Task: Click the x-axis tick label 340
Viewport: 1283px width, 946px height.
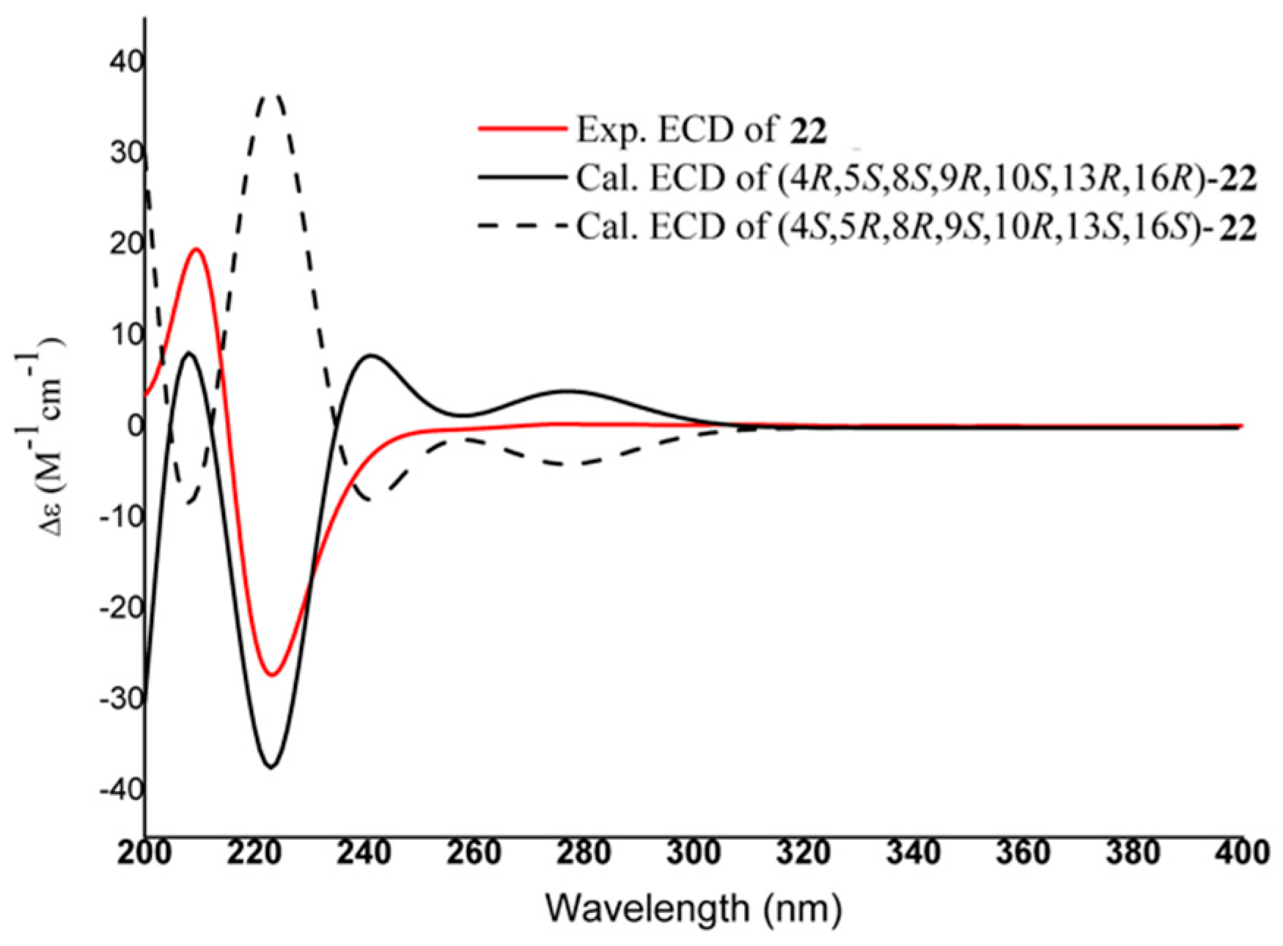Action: point(913,853)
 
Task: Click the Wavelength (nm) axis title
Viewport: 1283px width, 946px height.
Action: point(694,909)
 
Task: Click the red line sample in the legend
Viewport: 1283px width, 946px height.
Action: point(522,128)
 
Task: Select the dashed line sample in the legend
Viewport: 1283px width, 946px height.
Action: point(522,226)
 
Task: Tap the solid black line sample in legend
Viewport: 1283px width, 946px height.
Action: point(522,177)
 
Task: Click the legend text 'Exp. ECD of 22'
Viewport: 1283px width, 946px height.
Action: point(701,129)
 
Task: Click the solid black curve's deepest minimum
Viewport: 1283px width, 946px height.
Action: point(271,767)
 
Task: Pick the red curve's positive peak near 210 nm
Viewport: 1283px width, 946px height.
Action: point(196,249)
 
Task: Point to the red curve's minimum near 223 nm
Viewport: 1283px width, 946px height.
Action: point(272,675)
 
